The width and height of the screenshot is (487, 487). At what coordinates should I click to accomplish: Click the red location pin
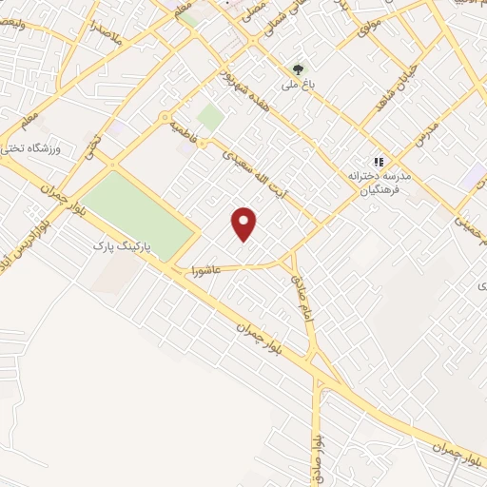click(x=245, y=223)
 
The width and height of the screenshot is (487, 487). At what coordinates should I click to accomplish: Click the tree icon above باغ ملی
click(x=299, y=69)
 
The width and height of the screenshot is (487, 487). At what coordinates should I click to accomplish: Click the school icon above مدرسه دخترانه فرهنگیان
click(x=379, y=163)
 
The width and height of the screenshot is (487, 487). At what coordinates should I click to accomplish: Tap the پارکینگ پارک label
click(x=115, y=245)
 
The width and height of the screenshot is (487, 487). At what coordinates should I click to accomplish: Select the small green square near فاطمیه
click(x=210, y=117)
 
